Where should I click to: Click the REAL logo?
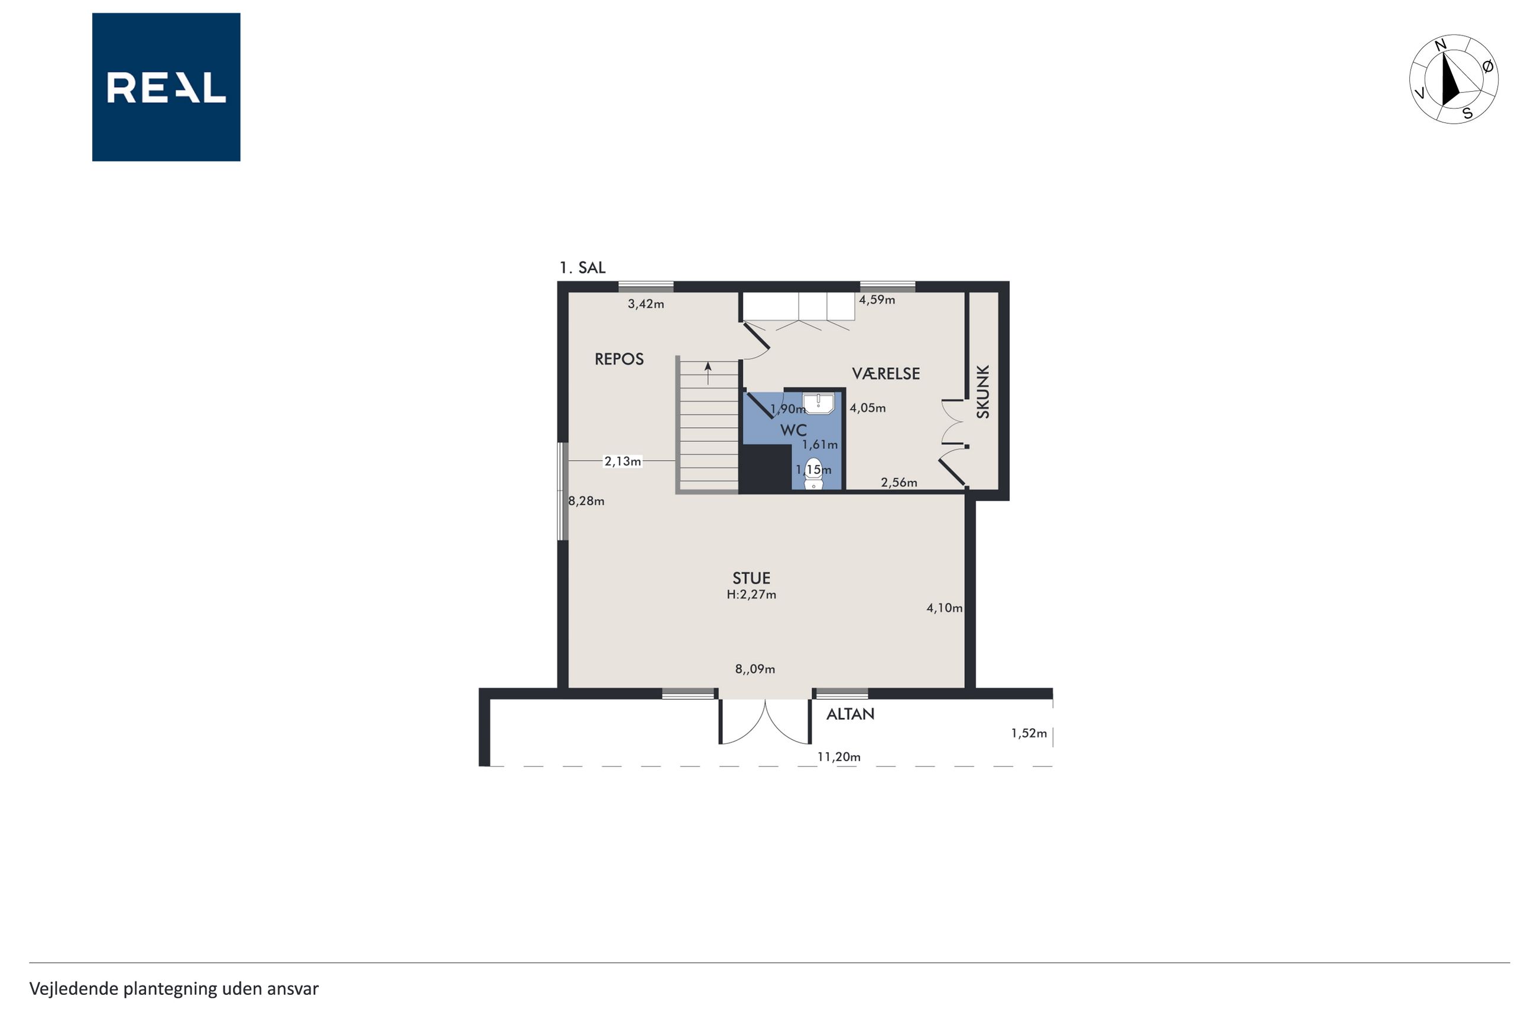[166, 87]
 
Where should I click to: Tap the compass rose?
[1454, 79]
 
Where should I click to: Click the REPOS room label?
[618, 359]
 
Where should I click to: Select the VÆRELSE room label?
[885, 373]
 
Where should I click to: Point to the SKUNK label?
[983, 392]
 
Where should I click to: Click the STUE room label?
[751, 578]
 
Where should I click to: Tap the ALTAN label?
[850, 714]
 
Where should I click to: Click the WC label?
[794, 430]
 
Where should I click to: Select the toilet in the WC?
[813, 474]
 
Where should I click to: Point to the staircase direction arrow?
[708, 373]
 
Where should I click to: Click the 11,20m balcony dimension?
[839, 757]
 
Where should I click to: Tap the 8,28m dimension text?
[586, 502]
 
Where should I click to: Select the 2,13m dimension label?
[622, 461]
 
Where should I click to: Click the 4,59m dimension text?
[877, 300]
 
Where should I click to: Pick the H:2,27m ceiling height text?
[751, 595]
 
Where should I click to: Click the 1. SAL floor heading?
[582, 267]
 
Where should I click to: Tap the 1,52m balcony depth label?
[1029, 733]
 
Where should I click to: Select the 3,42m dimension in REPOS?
[646, 304]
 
